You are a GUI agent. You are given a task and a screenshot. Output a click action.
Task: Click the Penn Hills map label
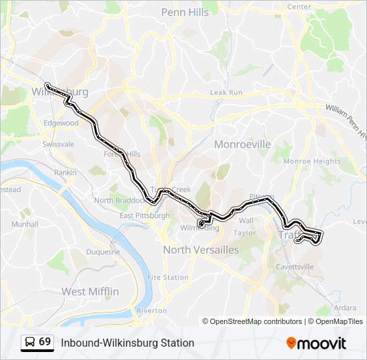[185, 12]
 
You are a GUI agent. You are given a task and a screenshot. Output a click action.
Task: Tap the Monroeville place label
[242, 144]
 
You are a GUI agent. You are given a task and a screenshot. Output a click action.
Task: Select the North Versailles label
[201, 249]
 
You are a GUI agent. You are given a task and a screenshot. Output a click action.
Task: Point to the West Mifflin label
[90, 291]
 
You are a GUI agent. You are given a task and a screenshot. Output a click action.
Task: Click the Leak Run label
[226, 93]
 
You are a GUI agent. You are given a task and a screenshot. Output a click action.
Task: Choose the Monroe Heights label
[312, 161]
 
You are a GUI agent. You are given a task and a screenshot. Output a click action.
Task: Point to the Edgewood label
[61, 123]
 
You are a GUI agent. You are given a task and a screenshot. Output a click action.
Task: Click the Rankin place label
[65, 172]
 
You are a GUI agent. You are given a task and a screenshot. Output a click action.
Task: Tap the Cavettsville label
[295, 267]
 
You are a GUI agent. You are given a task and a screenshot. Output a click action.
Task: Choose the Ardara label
[345, 308]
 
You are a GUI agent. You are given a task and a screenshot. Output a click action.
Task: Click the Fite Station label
[168, 277]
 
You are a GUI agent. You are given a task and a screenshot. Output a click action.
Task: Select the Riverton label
[151, 311]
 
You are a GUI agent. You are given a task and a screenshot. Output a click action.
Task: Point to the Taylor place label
[245, 233]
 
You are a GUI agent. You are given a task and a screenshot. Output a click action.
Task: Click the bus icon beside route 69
[29, 342]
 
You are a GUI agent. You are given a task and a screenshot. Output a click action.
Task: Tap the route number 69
[45, 341]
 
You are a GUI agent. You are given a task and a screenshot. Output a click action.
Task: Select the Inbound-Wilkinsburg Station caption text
[127, 343]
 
